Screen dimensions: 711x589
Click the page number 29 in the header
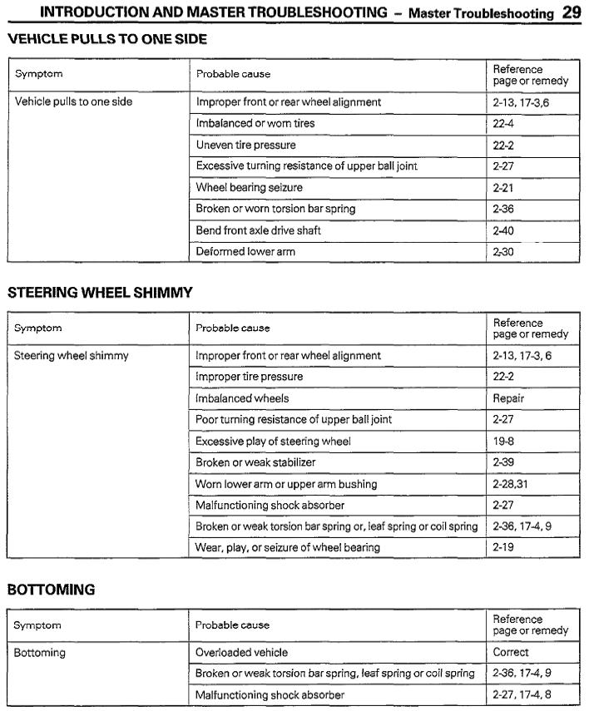click(571, 12)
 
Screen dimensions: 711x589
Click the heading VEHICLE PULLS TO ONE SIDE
click(107, 39)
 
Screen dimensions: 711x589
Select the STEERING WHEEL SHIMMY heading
click(100, 292)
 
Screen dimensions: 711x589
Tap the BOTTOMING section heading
click(51, 590)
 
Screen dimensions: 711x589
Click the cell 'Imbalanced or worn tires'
click(255, 123)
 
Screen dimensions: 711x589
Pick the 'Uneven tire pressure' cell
click(245, 145)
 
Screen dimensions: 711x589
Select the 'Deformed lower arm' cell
click(245, 251)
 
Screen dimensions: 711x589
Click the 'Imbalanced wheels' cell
click(242, 398)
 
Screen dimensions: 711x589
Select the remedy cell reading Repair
click(508, 398)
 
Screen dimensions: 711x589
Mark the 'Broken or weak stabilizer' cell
click(255, 462)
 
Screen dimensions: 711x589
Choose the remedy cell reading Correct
click(511, 653)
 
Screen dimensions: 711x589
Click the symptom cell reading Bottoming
click(39, 653)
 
